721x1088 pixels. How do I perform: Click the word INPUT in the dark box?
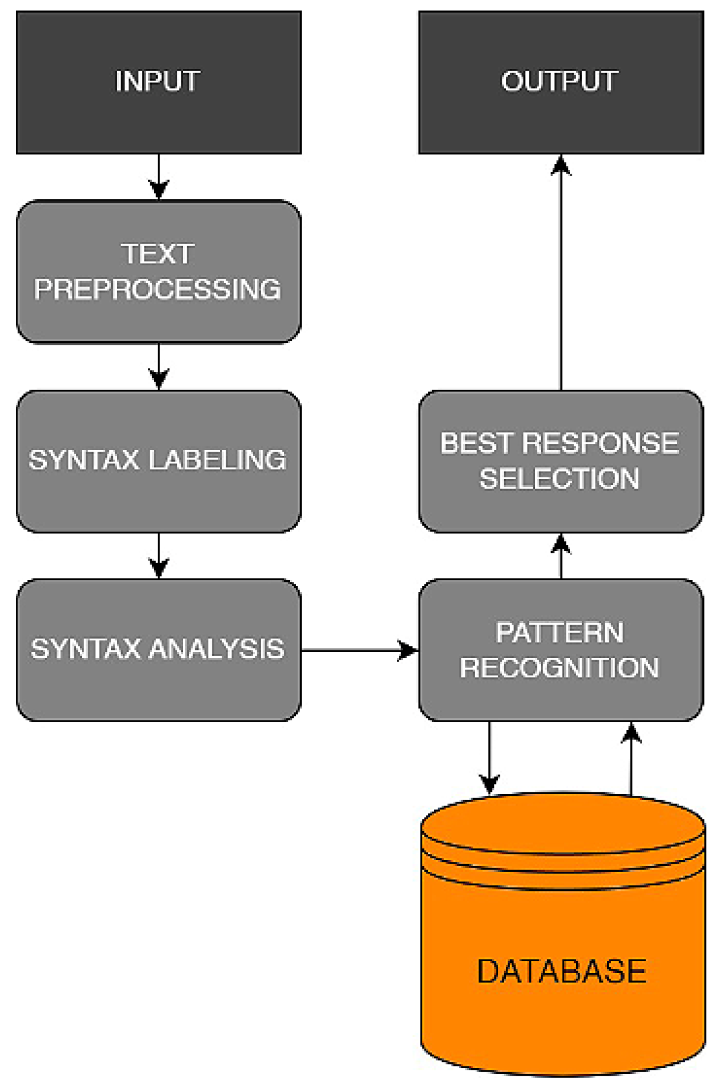(x=158, y=81)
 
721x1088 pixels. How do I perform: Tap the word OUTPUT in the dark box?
(x=560, y=81)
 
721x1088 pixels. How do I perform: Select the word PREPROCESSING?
(x=158, y=289)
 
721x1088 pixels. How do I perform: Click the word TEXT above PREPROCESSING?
(x=158, y=254)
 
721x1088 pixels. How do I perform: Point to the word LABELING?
(x=218, y=460)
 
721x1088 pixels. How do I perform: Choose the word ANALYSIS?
(x=218, y=649)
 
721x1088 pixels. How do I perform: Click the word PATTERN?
(x=560, y=633)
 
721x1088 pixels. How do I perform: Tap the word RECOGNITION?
(x=560, y=668)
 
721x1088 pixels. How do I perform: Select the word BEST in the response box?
(x=477, y=443)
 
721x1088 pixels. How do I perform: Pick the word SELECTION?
(x=560, y=479)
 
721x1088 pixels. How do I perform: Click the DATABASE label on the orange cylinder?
(x=562, y=972)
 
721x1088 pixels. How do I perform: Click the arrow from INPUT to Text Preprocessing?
(x=158, y=177)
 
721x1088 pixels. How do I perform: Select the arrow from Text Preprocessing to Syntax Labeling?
(x=158, y=367)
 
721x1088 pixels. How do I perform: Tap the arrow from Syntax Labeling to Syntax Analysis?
(x=158, y=556)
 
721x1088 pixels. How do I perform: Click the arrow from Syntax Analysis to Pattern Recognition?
(x=360, y=650)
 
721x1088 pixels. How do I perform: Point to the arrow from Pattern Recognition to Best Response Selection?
(x=561, y=556)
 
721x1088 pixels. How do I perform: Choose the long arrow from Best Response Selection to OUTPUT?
(x=561, y=272)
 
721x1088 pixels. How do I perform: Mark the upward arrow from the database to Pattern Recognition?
(x=631, y=758)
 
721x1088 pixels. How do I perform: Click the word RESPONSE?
(x=601, y=443)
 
